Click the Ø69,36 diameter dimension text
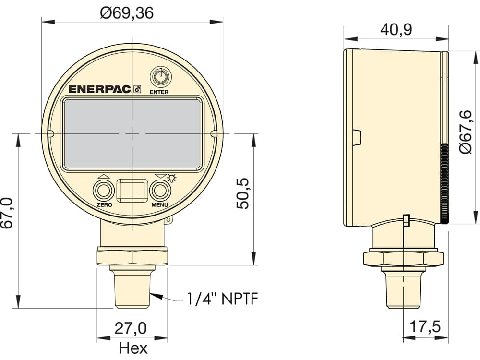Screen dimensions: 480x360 127,13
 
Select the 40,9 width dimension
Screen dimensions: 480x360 396,29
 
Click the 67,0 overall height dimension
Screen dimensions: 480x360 7,213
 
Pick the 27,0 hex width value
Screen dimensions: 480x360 131,328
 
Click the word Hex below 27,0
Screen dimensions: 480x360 133,348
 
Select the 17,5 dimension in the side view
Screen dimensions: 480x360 425,326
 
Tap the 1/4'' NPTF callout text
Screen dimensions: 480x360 223,299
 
